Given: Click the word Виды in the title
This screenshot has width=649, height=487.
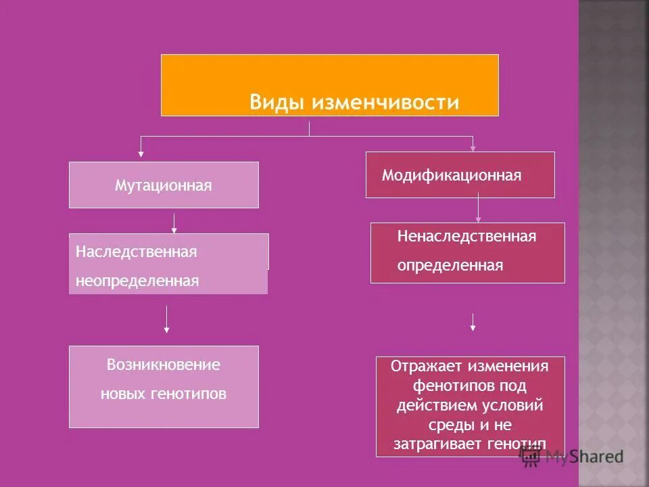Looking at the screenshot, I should (x=278, y=102).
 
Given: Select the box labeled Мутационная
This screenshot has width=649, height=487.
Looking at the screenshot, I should (x=164, y=185).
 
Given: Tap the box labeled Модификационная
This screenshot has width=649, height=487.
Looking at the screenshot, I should (x=460, y=175).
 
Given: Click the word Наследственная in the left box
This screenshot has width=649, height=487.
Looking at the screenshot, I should (x=136, y=252).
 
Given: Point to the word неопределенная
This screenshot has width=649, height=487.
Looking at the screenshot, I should (x=137, y=281).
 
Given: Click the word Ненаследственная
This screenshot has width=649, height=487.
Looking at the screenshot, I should (x=466, y=236).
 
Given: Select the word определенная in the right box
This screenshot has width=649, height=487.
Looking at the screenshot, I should (x=450, y=265).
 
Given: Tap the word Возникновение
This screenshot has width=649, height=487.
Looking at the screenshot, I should (x=164, y=365).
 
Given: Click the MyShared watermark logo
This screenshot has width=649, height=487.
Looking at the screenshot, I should (x=572, y=457).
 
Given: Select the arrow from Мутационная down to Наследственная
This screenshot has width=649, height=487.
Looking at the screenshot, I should (x=174, y=224).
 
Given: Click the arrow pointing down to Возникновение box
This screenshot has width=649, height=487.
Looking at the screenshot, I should (x=167, y=319).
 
